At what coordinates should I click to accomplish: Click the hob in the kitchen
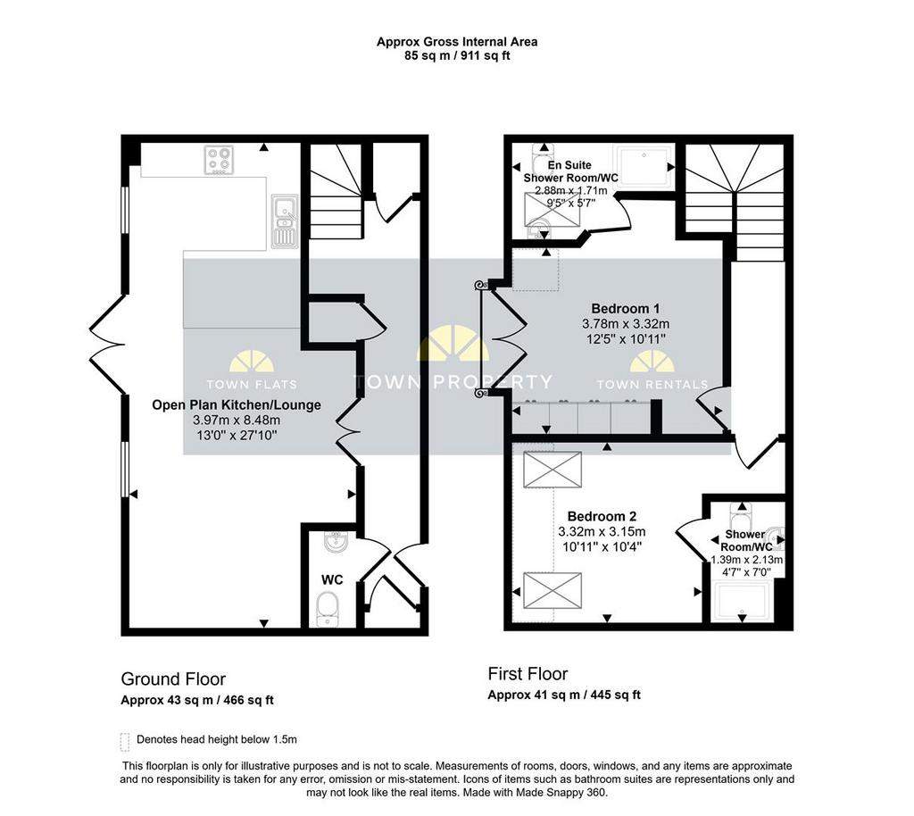[220, 161]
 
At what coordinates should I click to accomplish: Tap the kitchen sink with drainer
[285, 221]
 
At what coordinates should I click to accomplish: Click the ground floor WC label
[332, 579]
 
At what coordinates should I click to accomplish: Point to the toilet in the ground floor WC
[328, 610]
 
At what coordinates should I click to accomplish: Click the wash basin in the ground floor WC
[337, 541]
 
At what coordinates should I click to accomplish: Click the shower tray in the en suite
[643, 165]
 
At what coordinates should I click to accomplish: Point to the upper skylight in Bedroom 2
[553, 470]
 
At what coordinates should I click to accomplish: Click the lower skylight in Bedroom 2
[553, 591]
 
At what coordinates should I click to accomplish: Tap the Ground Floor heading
[173, 679]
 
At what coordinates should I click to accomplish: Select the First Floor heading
[528, 674]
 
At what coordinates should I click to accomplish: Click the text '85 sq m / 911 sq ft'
[457, 56]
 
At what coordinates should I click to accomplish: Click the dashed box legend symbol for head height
[124, 742]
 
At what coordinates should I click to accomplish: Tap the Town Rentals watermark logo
[652, 371]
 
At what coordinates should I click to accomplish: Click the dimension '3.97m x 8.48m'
[236, 420]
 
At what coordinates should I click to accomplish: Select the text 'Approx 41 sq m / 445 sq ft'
[564, 695]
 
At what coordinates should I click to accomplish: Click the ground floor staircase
[336, 192]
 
